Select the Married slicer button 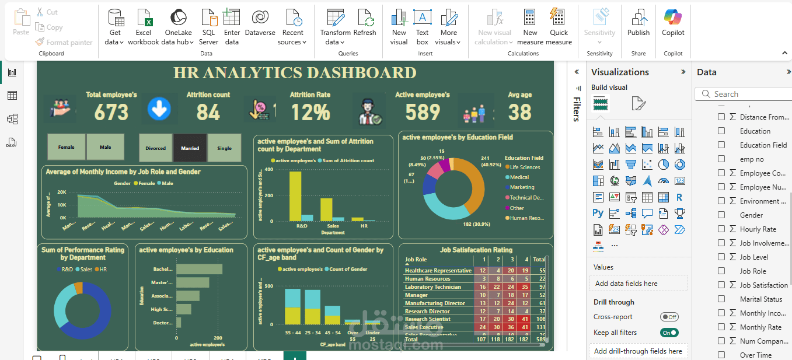(190, 148)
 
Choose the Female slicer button (67, 147)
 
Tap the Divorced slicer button (156, 148)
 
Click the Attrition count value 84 (208, 112)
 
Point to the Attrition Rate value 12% (310, 112)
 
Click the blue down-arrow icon (159, 109)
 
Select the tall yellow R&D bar (295, 196)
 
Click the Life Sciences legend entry (525, 167)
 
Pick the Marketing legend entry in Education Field (522, 187)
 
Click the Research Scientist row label (428, 319)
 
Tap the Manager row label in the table (417, 295)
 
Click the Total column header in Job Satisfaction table (539, 260)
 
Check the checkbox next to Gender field (721, 215)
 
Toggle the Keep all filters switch (669, 333)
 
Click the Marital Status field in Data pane (761, 299)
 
